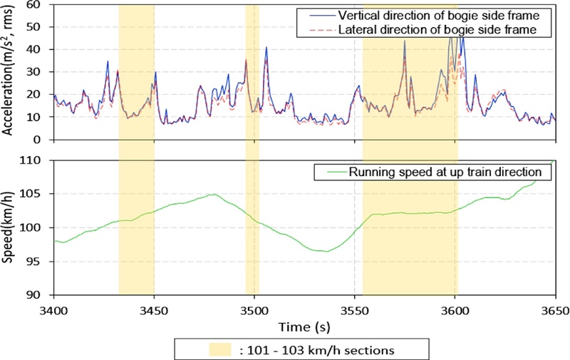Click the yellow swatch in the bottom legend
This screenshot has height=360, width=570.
(221, 350)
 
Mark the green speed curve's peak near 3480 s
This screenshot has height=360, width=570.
(212, 194)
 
